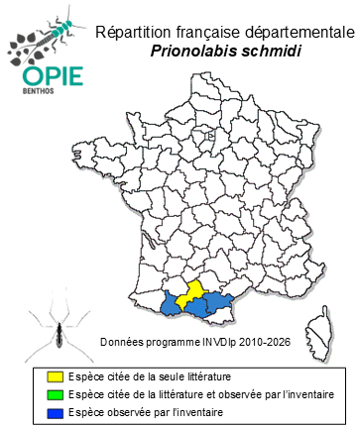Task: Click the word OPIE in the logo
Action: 41,76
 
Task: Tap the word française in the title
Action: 203,31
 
